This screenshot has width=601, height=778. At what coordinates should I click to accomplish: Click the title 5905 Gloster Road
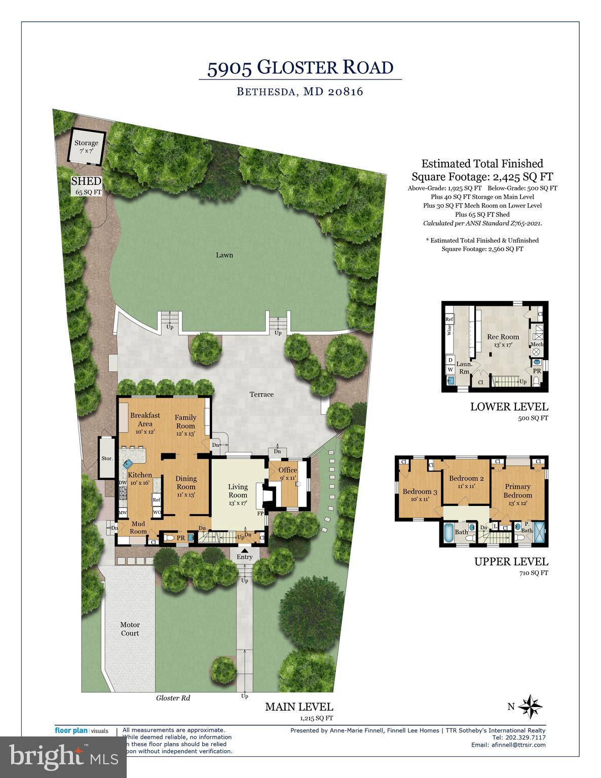[x=300, y=67]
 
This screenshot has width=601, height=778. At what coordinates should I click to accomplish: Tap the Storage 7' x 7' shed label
[x=86, y=147]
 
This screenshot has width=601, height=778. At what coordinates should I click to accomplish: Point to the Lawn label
[x=224, y=255]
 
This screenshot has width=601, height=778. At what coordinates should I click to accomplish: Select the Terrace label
[x=261, y=394]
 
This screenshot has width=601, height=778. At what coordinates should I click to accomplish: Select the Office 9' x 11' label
[x=287, y=474]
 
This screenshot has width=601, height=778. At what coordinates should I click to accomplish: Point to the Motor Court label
[x=130, y=629]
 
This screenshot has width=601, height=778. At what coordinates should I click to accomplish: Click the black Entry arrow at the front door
[x=245, y=550]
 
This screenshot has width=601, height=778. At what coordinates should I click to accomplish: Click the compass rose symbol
[x=531, y=706]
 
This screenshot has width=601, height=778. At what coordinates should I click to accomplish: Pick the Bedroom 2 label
[x=466, y=482]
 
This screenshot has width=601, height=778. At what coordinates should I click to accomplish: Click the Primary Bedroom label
[x=518, y=491]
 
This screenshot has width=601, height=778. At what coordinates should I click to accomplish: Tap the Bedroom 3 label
[x=420, y=495]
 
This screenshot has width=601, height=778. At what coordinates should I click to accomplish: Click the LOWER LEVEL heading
[x=509, y=406]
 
